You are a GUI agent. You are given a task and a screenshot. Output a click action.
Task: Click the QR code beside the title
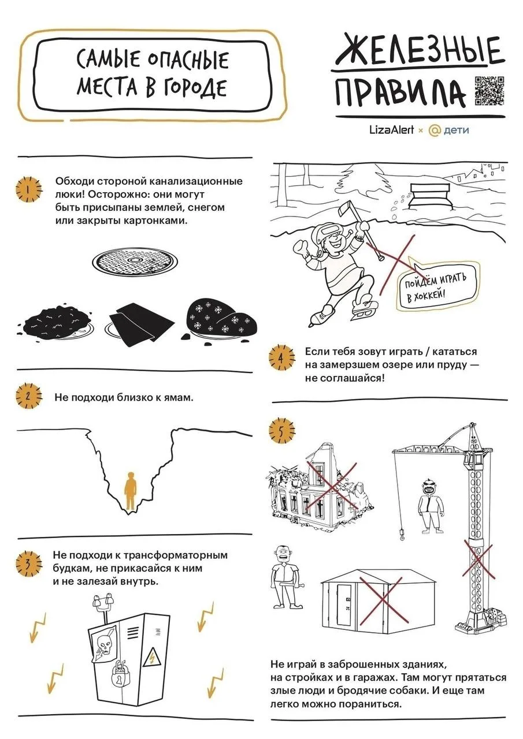[x=489, y=91]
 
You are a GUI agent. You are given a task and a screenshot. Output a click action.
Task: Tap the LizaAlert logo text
[x=392, y=130]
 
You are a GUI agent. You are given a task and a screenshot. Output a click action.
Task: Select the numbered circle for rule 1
[x=29, y=189]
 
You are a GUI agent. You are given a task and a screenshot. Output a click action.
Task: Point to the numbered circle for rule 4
[x=281, y=357]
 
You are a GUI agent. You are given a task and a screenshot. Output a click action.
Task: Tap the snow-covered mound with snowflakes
[x=220, y=318]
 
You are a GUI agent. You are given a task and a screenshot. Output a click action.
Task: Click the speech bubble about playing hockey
[x=436, y=285]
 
